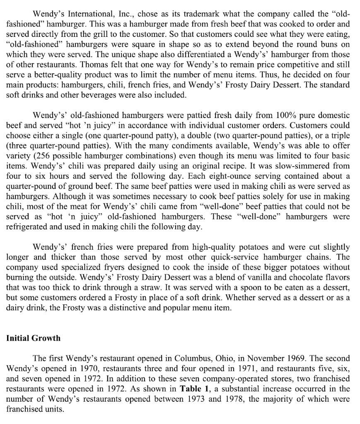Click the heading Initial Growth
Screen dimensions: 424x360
(x=33, y=338)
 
